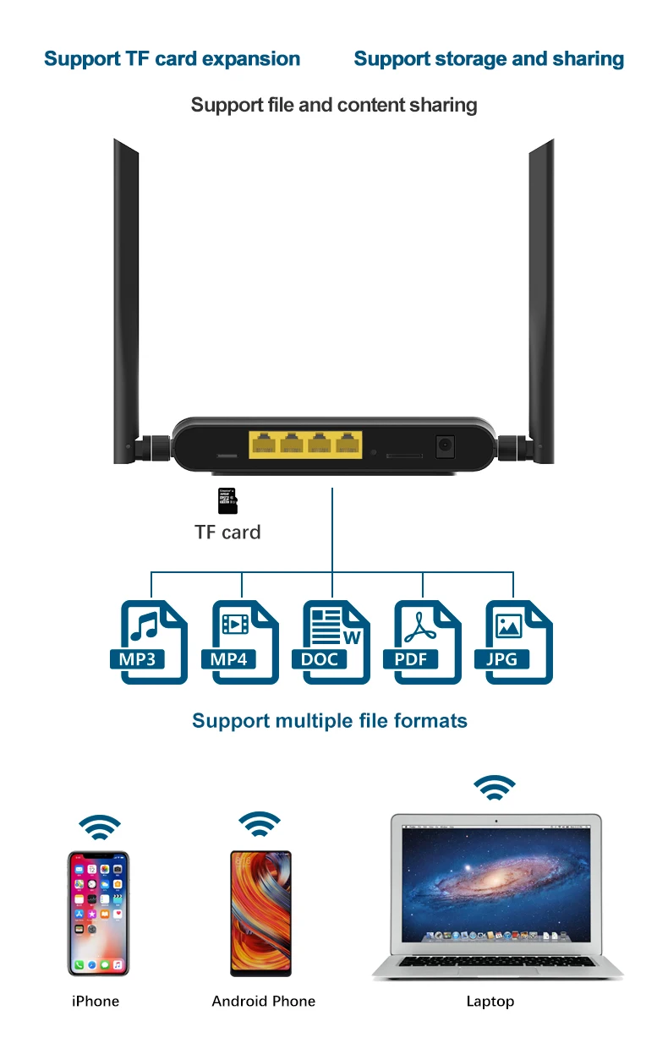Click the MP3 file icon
[x=153, y=642]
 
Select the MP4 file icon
[x=244, y=642]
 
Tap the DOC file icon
[x=336, y=642]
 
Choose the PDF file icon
[x=427, y=642]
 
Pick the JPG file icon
[x=518, y=642]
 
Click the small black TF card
[x=227, y=501]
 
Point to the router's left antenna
[x=126, y=296]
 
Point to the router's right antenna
[x=541, y=296]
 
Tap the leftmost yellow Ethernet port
[x=262, y=444]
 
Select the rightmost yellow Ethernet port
[x=346, y=444]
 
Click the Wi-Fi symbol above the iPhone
[x=100, y=827]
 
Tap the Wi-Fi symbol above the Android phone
[x=260, y=823]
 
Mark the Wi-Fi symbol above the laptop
[x=494, y=788]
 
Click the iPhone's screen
[x=98, y=913]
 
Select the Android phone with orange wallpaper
[x=261, y=913]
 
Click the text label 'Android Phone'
[x=263, y=1002]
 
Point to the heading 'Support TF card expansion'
[x=172, y=59]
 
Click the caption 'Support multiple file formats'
[x=329, y=721]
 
